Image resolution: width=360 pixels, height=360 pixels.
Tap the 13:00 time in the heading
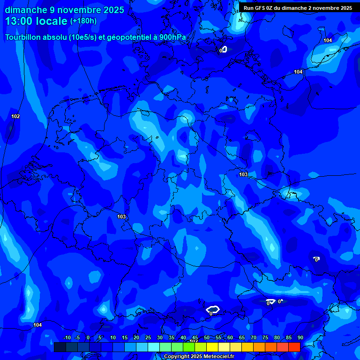18,22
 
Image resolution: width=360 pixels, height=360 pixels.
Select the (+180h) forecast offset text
83,21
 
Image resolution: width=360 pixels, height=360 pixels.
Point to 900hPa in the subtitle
172,37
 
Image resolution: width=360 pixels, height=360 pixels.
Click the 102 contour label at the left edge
15,116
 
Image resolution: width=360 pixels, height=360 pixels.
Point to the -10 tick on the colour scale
67,338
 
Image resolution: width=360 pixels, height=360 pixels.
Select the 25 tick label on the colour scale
148,338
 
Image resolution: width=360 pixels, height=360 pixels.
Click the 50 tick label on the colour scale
207,338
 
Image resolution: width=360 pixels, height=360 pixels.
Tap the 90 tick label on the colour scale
300,338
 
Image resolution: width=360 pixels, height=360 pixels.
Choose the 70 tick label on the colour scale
254,338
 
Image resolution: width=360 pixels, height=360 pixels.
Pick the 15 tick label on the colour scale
124,338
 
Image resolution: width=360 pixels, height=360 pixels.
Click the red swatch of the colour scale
294,347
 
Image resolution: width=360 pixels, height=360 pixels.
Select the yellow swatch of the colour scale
212,347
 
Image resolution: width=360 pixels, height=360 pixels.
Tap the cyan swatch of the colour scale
153,347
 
